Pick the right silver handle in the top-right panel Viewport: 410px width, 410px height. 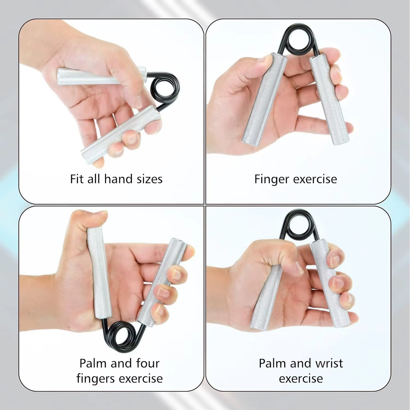tap(329, 99)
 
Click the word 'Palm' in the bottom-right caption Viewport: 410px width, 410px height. tap(271, 363)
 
